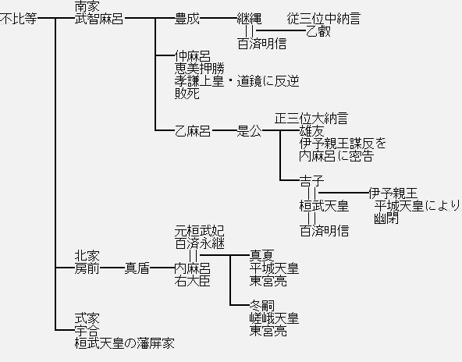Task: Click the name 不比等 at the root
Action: [19, 19]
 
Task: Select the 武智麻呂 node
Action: [99, 19]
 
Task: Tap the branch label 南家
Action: [87, 6]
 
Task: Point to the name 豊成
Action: [187, 19]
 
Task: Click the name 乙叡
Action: [318, 31]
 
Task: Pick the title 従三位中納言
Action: [324, 19]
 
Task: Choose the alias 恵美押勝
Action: [200, 69]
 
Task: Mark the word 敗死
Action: [187, 94]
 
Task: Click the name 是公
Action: [249, 131]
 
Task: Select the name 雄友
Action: [311, 131]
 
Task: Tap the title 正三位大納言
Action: [311, 119]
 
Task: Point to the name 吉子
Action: [311, 181]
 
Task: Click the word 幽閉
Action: [386, 218]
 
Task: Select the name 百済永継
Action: [200, 243]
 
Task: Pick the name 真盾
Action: [137, 268]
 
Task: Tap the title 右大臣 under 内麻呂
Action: [193, 281]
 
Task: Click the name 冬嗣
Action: [262, 306]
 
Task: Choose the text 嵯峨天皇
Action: [275, 318]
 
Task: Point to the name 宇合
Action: [87, 331]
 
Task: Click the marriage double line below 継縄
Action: [250, 31]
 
